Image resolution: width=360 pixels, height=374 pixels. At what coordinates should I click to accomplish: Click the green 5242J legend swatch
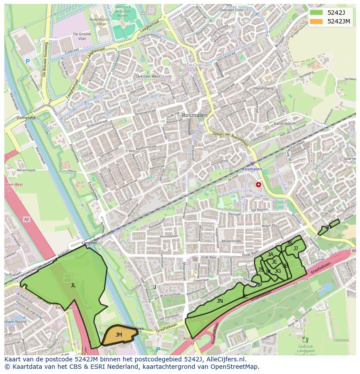tap(316, 12)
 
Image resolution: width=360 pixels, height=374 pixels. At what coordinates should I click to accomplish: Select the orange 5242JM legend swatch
tap(316, 21)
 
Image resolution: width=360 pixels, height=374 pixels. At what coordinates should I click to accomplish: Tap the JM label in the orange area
tap(119, 334)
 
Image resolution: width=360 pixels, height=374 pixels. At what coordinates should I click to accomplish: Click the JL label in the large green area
tap(73, 285)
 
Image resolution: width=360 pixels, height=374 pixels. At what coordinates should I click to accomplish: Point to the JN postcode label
tap(220, 301)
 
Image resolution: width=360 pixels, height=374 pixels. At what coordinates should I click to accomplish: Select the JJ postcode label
tap(296, 248)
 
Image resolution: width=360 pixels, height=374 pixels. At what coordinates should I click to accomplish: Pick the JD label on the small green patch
tap(328, 227)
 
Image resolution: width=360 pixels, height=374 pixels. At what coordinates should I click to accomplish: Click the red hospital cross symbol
tap(259, 185)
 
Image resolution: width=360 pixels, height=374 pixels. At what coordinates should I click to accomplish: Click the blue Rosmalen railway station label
tap(252, 169)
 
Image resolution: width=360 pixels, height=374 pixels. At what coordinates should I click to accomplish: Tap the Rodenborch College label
tap(98, 22)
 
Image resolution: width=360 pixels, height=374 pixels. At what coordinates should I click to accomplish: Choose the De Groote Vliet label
tap(81, 36)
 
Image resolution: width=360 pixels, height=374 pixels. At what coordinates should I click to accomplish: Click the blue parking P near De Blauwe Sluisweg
tap(27, 62)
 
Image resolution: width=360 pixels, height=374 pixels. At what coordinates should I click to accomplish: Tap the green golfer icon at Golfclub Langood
tap(305, 339)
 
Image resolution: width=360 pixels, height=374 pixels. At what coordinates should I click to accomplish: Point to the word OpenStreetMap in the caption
tap(235, 367)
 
